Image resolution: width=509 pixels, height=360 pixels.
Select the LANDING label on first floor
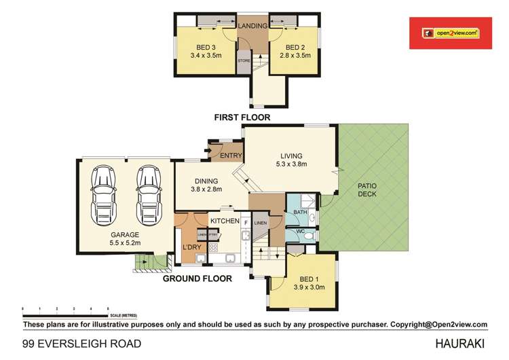click(251, 25)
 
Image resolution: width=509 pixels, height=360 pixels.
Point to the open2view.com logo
click(450, 32)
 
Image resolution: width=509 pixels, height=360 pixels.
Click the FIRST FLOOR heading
click(242, 118)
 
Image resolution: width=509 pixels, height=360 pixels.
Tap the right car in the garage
click(149, 193)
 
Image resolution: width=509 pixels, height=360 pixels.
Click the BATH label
click(301, 213)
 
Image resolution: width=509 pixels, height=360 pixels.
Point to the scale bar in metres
click(66, 314)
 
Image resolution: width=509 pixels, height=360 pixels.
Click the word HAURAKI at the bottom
click(463, 344)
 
